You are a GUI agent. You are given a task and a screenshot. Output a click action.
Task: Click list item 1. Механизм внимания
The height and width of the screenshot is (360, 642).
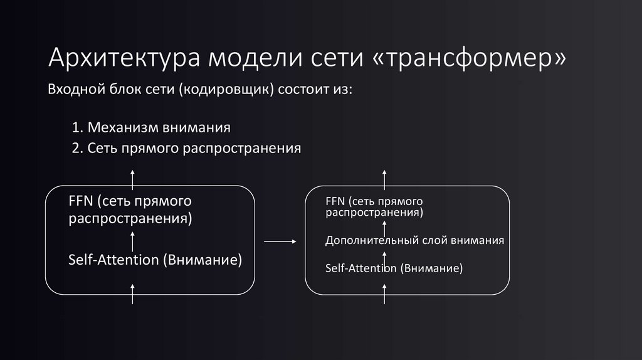tap(151, 128)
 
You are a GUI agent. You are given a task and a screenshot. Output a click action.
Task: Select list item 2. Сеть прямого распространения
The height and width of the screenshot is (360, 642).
tap(186, 149)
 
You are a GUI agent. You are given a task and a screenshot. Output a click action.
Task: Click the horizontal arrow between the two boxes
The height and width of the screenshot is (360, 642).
tap(280, 241)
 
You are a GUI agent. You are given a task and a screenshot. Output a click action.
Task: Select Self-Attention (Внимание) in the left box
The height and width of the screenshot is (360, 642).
tap(155, 259)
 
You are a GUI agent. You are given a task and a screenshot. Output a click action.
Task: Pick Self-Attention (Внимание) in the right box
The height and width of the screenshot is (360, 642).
tap(394, 268)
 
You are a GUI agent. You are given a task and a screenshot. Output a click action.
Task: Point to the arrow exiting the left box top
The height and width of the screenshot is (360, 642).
tap(132, 177)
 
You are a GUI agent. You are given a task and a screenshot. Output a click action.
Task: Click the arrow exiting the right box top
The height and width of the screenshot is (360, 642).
tap(385, 177)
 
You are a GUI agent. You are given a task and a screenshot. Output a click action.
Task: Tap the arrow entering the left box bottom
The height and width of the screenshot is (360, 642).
tap(132, 293)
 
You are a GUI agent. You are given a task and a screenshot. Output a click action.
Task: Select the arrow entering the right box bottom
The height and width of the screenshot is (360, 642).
tap(385, 293)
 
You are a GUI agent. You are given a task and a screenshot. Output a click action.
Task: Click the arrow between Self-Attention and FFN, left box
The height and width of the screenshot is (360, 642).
tap(132, 239)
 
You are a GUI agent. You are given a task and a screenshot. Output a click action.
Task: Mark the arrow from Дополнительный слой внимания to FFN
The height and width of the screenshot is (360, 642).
tap(385, 226)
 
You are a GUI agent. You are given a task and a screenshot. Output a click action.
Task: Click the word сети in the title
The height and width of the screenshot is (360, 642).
tap(333, 58)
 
